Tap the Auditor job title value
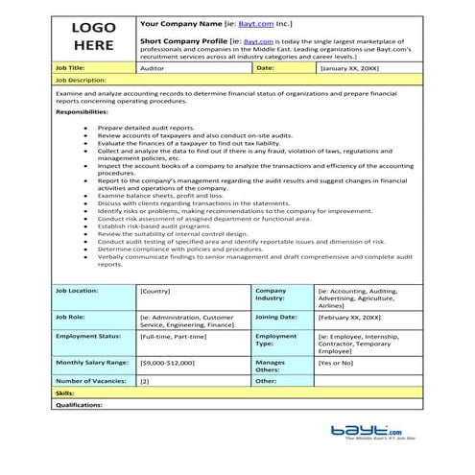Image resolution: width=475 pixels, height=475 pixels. click(x=154, y=69)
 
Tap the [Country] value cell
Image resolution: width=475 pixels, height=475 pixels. click(x=155, y=290)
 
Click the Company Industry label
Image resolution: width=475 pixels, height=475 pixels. click(x=272, y=294)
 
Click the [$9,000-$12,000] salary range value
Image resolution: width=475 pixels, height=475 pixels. click(x=167, y=364)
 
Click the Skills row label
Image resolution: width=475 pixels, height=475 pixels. click(x=65, y=393)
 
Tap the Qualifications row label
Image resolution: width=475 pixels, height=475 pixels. click(x=79, y=405)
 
